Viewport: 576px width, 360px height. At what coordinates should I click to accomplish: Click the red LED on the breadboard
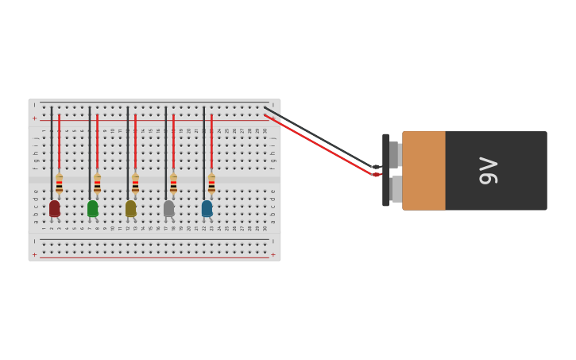click(x=54, y=208)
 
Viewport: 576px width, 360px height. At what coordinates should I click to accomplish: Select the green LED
click(x=92, y=208)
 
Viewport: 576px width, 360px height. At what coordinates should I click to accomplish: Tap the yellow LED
click(x=130, y=208)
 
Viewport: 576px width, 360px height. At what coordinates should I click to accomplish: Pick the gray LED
click(x=168, y=208)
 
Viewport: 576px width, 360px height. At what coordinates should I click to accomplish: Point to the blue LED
click(x=207, y=208)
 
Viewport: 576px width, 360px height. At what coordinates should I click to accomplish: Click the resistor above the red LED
click(x=59, y=184)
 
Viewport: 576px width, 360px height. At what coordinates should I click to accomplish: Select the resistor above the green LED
click(x=97, y=184)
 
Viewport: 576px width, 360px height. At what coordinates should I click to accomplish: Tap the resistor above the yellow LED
click(x=135, y=184)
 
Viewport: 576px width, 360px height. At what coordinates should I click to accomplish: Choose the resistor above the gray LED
click(x=173, y=184)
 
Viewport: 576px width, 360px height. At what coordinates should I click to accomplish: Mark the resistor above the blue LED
click(x=211, y=184)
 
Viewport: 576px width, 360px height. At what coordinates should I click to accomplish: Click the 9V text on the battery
click(x=488, y=171)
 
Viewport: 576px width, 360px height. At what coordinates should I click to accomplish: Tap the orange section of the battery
click(x=423, y=171)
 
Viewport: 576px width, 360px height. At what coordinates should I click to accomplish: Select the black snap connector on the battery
click(x=386, y=170)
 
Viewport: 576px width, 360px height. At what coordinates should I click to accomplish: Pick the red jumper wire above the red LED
click(x=59, y=143)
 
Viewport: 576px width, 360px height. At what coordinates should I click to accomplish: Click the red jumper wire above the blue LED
click(x=211, y=143)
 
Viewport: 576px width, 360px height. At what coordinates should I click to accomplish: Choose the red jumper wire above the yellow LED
click(x=135, y=143)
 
